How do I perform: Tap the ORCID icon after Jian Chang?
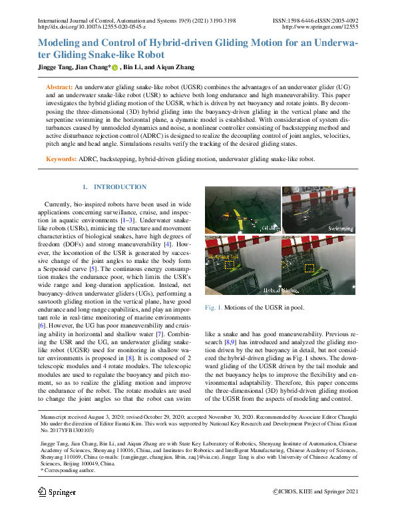(114, 68)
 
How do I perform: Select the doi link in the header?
(91, 28)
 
